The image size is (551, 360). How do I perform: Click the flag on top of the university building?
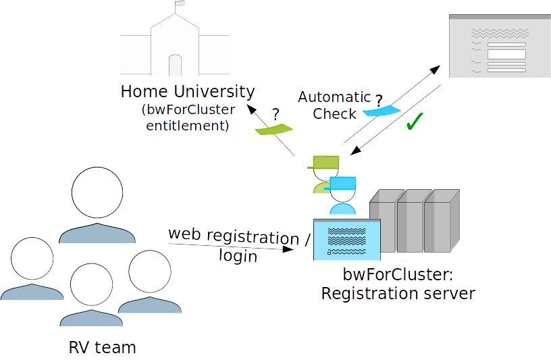click(x=180, y=5)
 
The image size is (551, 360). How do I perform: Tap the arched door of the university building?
click(x=175, y=66)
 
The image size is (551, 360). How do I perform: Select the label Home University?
click(x=188, y=91)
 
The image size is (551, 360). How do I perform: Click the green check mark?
click(x=413, y=122)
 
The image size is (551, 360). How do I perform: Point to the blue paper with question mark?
click(x=382, y=110)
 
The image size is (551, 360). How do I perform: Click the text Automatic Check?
click(x=334, y=105)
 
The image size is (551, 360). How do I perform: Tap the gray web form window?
click(x=496, y=45)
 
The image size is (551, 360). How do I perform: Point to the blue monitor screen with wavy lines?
click(x=347, y=239)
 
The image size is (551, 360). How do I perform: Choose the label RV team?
click(x=102, y=348)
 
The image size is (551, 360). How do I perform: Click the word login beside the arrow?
click(x=238, y=256)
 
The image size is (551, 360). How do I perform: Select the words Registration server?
click(x=398, y=294)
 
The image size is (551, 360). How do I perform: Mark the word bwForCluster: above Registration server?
click(x=398, y=275)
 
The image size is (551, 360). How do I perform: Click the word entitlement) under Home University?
click(x=188, y=125)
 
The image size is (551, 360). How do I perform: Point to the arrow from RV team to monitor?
click(x=230, y=247)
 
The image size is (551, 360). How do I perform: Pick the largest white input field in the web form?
click(x=506, y=54)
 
